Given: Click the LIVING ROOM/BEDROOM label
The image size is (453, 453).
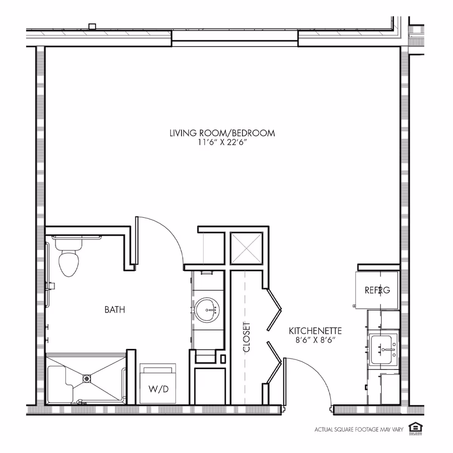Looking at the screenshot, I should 222,133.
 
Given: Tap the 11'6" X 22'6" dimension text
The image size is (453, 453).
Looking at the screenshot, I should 222,142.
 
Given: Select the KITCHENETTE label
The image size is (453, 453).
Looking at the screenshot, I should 315,331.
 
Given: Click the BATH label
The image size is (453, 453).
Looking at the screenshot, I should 115,310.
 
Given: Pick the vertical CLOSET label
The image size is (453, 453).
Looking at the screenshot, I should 247,337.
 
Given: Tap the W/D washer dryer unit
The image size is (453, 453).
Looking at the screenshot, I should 158,384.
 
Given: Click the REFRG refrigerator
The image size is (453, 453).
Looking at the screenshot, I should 377,290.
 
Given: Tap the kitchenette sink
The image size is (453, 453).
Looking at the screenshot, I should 384,349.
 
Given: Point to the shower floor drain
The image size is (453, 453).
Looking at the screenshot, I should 86,378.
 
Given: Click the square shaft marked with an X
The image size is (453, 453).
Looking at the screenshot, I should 246,248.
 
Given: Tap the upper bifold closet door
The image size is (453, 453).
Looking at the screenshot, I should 274,309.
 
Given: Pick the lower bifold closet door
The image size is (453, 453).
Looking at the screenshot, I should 274,362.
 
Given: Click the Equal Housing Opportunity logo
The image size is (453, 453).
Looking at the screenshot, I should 416,429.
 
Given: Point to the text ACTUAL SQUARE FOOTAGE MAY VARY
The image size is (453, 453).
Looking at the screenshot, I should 359,429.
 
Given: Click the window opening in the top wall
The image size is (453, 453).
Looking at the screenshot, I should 235,36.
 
